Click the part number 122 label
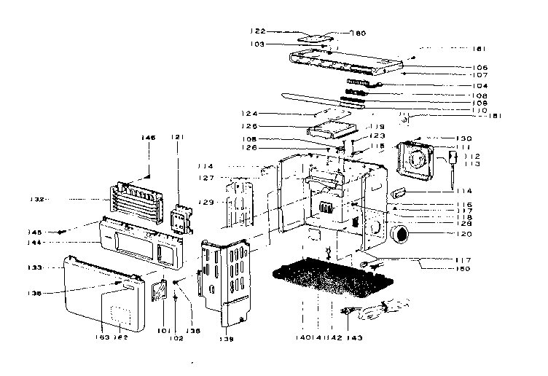[x=256, y=31]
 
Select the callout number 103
[x=254, y=44]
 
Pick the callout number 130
[x=463, y=138]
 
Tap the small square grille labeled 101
[x=160, y=289]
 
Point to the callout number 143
[x=355, y=339]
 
